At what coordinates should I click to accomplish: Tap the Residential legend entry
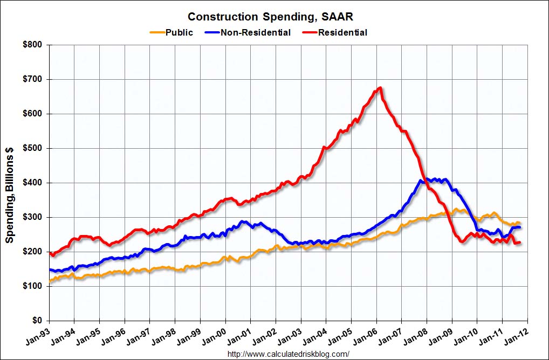pos(342,32)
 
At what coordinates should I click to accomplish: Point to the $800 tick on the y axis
pos(33,45)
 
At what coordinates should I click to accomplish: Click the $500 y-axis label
pos(33,148)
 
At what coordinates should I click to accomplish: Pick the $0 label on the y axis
pos(38,321)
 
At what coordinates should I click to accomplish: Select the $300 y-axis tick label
pos(33,217)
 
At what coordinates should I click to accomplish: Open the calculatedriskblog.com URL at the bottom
pos(289,354)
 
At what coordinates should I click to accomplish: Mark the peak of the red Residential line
pos(381,88)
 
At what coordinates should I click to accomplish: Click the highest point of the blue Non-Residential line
pos(426,179)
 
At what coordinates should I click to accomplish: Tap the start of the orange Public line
pos(50,281)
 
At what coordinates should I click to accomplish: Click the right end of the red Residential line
pos(520,243)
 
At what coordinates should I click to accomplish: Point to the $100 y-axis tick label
pos(33,286)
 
